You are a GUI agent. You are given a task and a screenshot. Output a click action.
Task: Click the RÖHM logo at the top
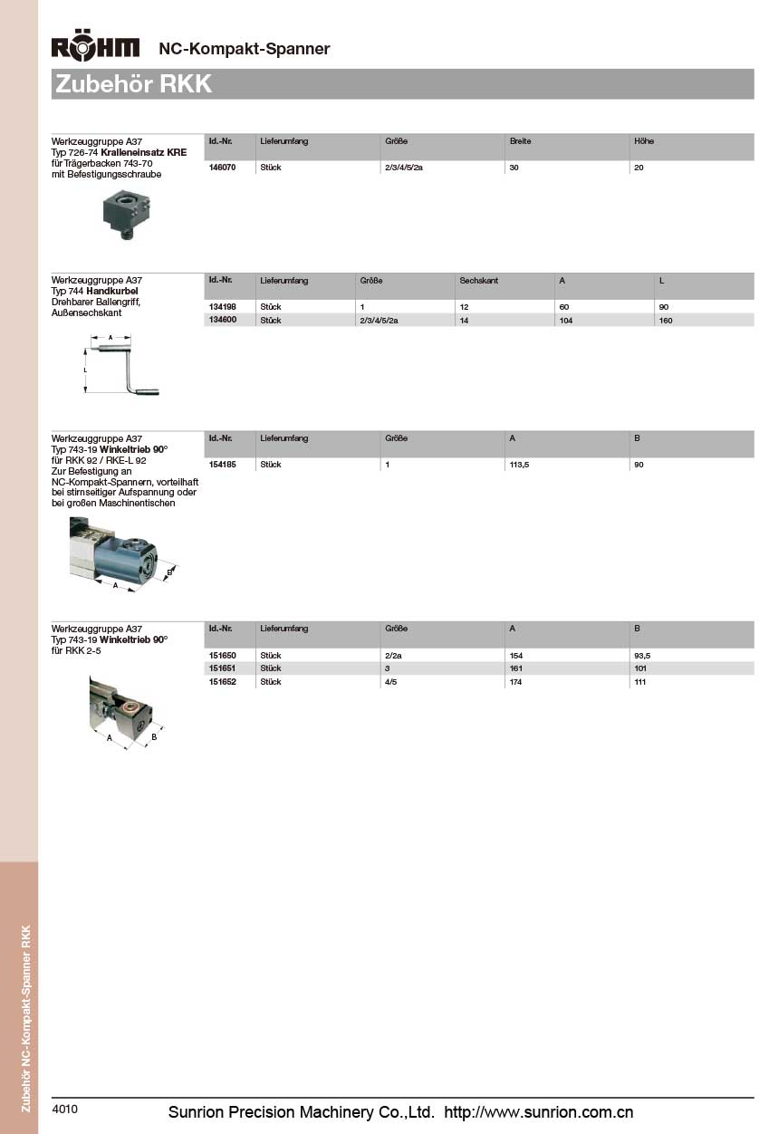point(96,48)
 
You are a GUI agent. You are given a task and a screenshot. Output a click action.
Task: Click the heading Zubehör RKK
point(134,84)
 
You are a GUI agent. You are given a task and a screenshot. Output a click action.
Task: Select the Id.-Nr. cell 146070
point(222,168)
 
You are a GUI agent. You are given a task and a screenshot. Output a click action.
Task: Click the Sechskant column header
point(479,281)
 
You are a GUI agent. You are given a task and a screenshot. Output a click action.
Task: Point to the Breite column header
point(520,141)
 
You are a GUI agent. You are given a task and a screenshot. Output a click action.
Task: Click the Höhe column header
point(644,141)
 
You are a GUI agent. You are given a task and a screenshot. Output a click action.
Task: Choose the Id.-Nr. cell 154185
point(222,465)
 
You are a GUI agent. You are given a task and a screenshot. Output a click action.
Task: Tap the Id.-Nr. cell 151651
point(222,668)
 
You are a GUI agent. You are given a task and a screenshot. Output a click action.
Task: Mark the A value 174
point(516,682)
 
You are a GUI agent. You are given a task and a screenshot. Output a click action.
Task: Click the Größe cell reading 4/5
point(391,682)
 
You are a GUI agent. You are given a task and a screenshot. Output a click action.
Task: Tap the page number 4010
point(65,1109)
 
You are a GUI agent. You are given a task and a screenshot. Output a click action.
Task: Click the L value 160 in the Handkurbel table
point(666,320)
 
